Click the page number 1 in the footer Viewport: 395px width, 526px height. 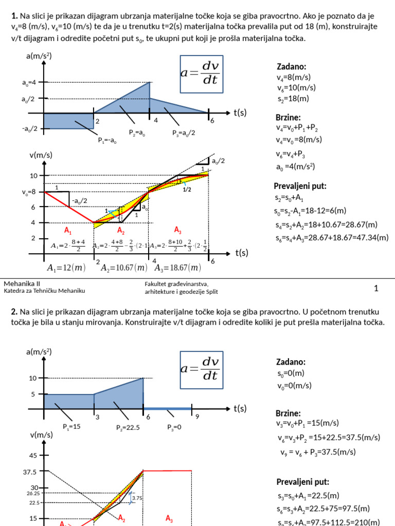coord(376,289)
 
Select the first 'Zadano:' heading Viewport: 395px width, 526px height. coord(292,67)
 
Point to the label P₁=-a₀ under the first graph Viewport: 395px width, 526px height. coord(107,139)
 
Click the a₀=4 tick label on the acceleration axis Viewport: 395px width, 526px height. coord(29,82)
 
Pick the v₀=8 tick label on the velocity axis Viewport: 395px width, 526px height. coord(29,192)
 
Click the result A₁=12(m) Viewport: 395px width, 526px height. coord(66,267)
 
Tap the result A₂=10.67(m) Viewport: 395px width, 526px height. coord(123,267)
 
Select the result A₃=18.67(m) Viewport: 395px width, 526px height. coord(178,267)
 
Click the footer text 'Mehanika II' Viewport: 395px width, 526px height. coord(22,284)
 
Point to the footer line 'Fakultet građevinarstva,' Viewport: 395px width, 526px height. coord(178,284)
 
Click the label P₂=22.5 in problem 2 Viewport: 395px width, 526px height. coord(128,427)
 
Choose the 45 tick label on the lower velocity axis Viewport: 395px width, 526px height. coord(33,455)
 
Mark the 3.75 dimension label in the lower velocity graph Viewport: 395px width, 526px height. coord(137,498)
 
